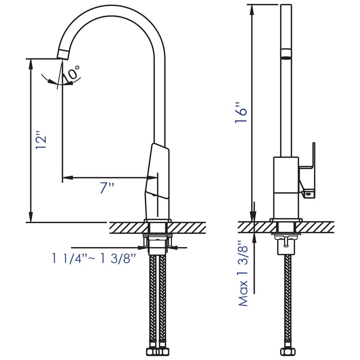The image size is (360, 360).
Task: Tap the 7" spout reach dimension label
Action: point(107,188)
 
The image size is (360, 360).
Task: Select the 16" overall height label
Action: point(242,115)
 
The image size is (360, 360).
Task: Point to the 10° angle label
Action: point(72,74)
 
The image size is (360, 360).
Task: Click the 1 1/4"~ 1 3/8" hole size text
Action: point(94,259)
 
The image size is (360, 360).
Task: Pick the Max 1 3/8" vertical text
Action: point(243,273)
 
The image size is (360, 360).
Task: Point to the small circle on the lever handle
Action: point(309,193)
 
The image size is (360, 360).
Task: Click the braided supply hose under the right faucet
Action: point(287,306)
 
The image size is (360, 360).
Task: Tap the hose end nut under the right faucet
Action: point(287,351)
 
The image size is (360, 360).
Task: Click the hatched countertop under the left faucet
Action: point(130,228)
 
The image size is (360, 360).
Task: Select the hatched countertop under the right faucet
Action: point(315,228)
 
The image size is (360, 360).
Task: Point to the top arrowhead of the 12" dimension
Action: point(31,63)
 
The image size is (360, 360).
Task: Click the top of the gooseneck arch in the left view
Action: point(112,8)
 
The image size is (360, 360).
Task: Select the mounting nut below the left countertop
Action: point(157,243)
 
